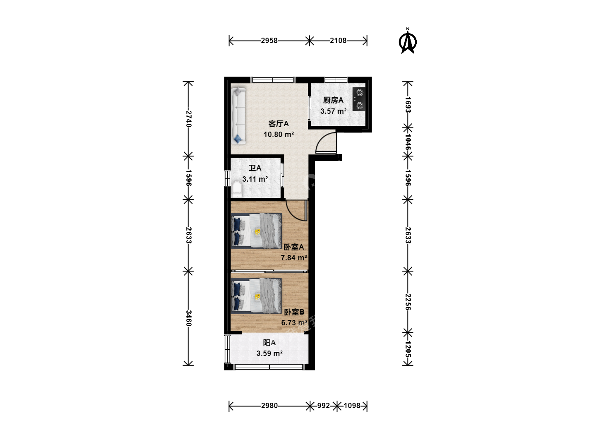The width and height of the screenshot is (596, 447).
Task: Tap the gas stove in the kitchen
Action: (359, 99)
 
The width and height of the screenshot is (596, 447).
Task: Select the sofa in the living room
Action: (239, 116)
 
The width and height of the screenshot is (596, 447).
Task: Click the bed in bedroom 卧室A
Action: (256, 231)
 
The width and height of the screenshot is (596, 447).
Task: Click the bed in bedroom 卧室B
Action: (256, 296)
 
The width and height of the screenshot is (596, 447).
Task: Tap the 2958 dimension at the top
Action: (269, 41)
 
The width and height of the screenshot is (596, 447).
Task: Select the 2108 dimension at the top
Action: (338, 41)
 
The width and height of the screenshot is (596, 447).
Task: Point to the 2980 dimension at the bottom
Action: (269, 406)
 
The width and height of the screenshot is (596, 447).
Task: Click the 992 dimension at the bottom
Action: (323, 406)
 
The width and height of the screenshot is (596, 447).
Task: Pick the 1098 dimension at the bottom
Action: (352, 406)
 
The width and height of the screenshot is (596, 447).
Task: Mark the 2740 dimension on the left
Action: (188, 119)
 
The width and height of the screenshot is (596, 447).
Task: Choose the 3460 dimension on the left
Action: (188, 318)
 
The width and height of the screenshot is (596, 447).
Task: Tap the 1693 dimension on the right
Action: (408, 104)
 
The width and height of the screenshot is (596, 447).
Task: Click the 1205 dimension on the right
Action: (408, 349)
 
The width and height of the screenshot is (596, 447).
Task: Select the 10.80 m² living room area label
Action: (279, 135)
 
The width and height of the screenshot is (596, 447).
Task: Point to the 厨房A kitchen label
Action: (333, 100)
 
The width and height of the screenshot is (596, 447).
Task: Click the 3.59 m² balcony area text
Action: (269, 353)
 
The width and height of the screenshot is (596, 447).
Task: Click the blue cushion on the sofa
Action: (238, 139)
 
